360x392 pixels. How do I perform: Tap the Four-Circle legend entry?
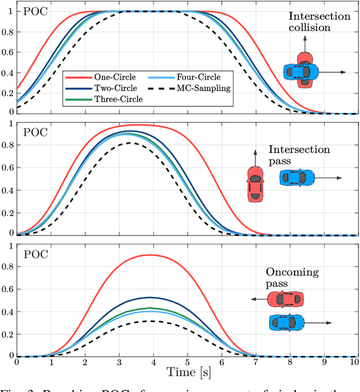(183, 78)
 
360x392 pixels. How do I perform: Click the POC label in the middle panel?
(35, 133)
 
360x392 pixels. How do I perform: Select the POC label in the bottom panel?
(35, 254)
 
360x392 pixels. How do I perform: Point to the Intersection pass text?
(299, 155)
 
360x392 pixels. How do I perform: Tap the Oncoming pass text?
(292, 278)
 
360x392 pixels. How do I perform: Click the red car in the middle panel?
(255, 183)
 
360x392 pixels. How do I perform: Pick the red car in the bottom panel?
(285, 299)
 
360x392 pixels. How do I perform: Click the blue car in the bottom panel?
(287, 322)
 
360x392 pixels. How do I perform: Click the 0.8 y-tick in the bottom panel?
(8, 268)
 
